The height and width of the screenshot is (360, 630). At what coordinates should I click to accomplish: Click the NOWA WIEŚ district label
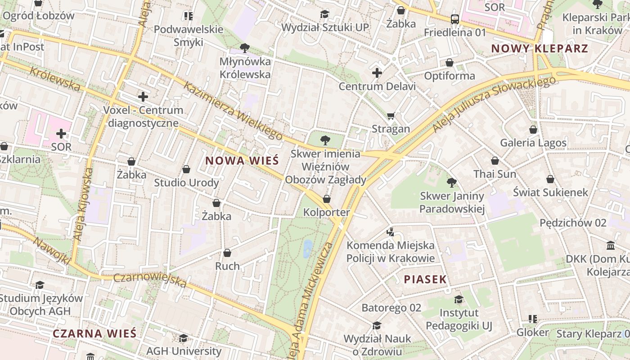(242, 161)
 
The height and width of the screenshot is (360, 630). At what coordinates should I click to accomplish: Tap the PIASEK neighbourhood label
(425, 279)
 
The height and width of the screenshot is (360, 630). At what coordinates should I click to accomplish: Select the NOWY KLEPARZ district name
(540, 49)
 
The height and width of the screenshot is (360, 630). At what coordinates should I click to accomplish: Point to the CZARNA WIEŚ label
(94, 334)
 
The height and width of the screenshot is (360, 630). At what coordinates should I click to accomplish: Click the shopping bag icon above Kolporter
(327, 199)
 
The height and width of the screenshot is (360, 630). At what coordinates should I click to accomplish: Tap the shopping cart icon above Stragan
(391, 116)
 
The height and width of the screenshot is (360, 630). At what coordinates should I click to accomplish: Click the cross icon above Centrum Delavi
(377, 73)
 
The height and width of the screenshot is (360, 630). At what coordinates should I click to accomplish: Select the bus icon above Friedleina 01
(455, 19)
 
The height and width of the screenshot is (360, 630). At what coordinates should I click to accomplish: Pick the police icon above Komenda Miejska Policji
(391, 232)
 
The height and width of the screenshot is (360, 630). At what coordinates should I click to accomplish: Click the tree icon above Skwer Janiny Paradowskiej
(452, 183)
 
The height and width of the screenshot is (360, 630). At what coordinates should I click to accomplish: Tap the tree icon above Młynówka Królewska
(245, 48)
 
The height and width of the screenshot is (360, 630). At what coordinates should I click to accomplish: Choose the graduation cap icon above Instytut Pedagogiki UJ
(459, 300)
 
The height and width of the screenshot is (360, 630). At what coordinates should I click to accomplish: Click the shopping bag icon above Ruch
(227, 253)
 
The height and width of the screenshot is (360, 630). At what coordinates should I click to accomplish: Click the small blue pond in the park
(308, 248)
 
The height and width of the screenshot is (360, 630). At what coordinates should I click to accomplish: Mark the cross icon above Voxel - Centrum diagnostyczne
(143, 97)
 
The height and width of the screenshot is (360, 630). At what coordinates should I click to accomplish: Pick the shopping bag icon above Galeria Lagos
(533, 130)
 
